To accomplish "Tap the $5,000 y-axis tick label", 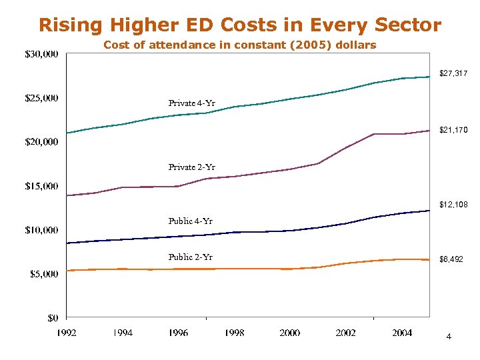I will point(42,273).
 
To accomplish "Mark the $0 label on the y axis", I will point(52,317).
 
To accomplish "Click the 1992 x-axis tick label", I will point(66,333).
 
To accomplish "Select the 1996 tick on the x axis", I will point(178,333).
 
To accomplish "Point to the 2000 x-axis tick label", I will point(290,333).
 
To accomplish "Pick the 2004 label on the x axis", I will point(402,333).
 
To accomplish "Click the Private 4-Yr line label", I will point(191,103).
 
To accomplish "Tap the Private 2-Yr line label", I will point(191,167).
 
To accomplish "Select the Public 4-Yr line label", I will point(190,221).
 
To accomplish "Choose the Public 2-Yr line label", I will point(190,257).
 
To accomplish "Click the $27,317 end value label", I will point(453,73).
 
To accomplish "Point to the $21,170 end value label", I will point(453,131).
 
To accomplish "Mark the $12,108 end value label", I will point(453,205).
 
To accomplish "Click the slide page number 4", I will point(449,337).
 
